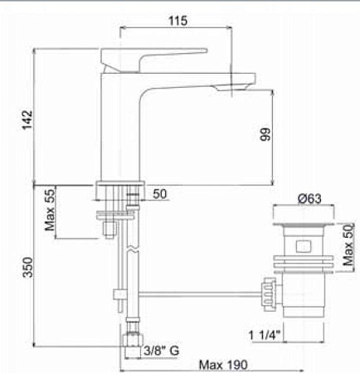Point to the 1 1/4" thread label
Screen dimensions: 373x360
266,334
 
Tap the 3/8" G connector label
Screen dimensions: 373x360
161,351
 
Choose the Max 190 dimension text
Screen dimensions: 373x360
224,364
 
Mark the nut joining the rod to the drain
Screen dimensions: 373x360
268,291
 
